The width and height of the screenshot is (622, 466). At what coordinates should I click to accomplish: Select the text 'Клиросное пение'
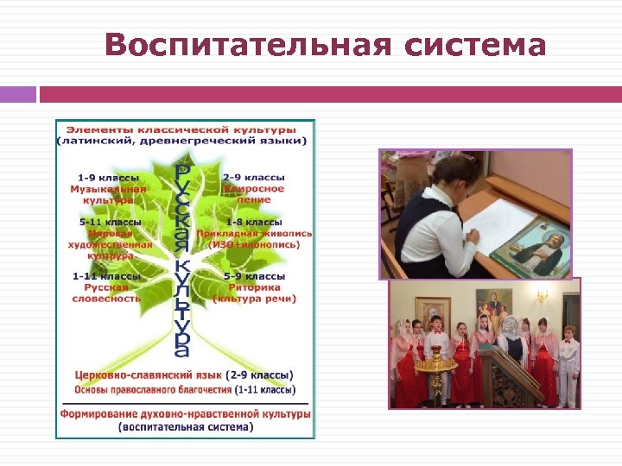[254, 194]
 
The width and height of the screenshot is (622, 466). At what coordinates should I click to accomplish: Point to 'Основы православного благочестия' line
[154, 390]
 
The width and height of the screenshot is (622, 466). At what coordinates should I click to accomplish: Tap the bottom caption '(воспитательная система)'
[186, 426]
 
